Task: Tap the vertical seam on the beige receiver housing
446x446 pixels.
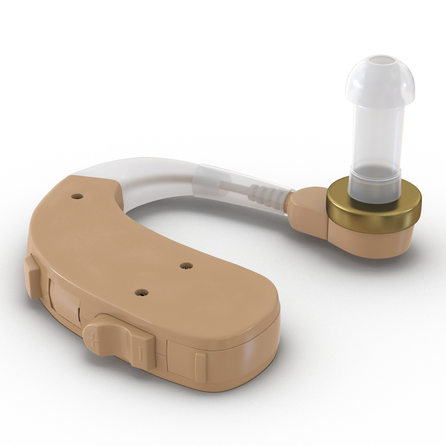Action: point(328,230)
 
